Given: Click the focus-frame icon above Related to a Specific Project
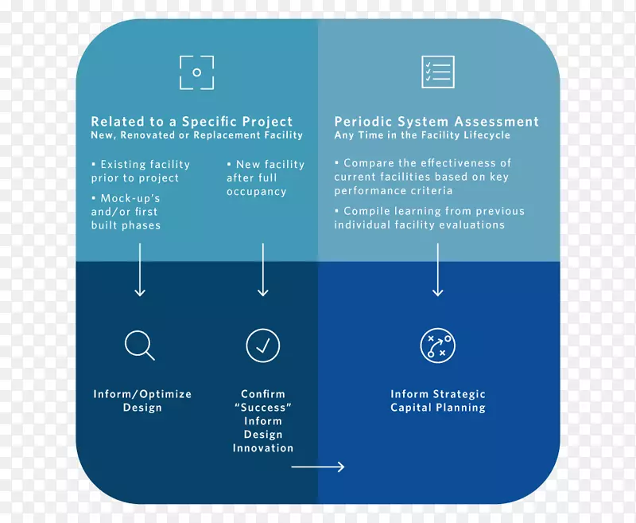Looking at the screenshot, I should pos(196,72).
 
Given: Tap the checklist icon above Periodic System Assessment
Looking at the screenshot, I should pos(437,72).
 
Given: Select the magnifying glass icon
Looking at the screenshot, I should pos(140,345).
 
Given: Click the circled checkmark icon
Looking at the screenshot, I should pos(262,345).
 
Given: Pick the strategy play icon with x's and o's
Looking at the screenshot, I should pos(437,345).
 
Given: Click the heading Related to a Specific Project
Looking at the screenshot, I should pos(192,122).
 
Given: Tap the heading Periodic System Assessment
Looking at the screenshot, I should pos(436,122).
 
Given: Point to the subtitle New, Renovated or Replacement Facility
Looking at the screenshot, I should pos(196,135).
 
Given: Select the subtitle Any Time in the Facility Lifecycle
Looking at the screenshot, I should pos(422,135).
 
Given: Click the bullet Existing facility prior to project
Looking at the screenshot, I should pos(141,171).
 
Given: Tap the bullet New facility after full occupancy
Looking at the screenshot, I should pos(265,178).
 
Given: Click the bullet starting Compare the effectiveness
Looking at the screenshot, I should pos(422,177).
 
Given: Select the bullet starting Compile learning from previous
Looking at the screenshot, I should pos(429,218).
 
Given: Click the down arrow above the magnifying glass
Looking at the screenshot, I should pos(140,271).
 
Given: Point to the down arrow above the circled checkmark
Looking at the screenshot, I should pos(262,271).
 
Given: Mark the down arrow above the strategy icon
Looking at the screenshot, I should pos(437,271).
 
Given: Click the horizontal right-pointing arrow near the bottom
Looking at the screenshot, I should pos(318,466).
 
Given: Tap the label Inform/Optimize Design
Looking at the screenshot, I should pos(142,400).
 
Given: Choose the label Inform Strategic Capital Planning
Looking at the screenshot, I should pos(437,400).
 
